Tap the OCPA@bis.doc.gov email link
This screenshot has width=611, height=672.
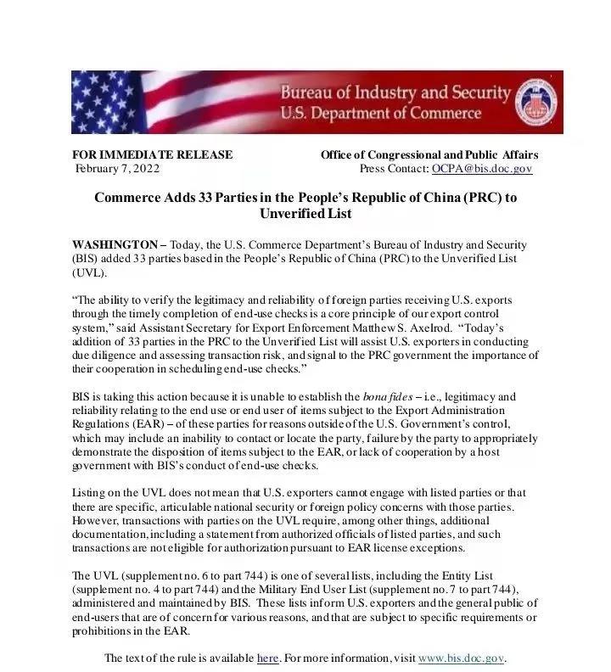pyautogui.click(x=481, y=169)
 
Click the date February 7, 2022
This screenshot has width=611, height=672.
pyautogui.click(x=117, y=169)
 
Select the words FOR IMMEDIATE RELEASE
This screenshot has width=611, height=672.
pyautogui.click(x=152, y=155)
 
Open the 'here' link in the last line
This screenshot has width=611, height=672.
pyautogui.click(x=267, y=658)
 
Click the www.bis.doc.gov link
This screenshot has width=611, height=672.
pyautogui.click(x=461, y=658)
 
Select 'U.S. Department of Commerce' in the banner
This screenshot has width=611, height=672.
pyautogui.click(x=380, y=113)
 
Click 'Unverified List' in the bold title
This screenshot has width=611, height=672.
pyautogui.click(x=305, y=214)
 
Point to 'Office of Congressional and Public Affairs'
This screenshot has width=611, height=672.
pyautogui.click(x=429, y=155)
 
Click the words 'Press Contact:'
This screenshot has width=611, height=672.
pyautogui.click(x=394, y=169)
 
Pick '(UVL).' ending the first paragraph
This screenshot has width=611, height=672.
pyautogui.click(x=89, y=272)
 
